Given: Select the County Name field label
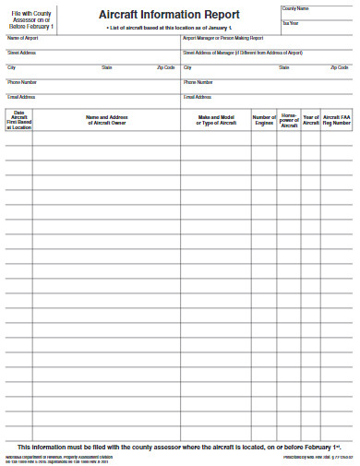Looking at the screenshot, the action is coord(295,8).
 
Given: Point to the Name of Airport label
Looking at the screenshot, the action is coord(22,39).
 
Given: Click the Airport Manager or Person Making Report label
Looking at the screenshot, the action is coord(223,39).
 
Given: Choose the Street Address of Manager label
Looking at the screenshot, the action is coord(243,53).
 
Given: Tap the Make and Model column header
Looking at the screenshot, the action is coord(217,120).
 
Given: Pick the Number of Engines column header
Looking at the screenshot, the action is coord(264,120).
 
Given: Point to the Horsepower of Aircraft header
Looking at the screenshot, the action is coord(289,120).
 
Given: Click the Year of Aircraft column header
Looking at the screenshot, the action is coord(311,120).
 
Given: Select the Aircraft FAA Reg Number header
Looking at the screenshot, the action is coord(337,120).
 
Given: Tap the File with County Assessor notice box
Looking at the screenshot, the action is coord(31,18).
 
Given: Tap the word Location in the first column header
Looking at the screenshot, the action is coord(20,127).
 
